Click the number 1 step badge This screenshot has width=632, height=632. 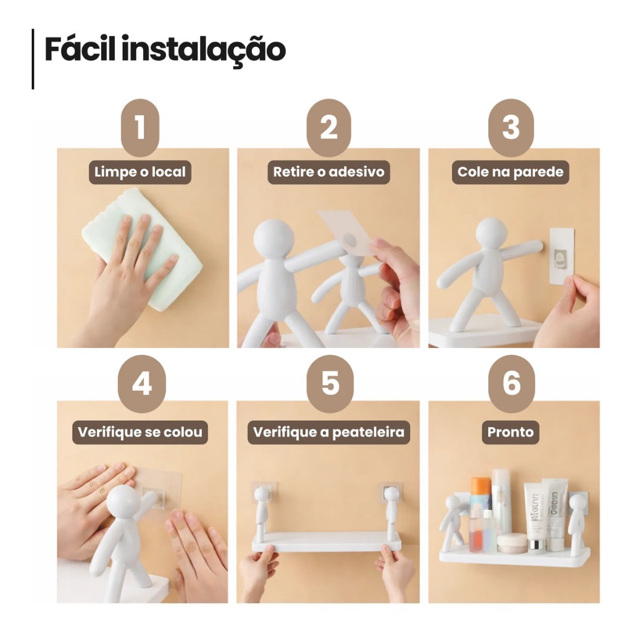tap(140, 127)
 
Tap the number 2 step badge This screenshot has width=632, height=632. tap(328, 127)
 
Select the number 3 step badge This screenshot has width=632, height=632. tap(510, 127)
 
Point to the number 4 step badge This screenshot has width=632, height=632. tap(141, 384)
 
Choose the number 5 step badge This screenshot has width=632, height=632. tap(330, 384)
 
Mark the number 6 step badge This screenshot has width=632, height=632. tap(511, 384)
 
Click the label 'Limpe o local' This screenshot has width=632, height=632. tap(140, 172)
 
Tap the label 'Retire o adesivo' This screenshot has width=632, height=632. tap(328, 172)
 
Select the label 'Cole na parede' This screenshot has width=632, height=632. tap(510, 172)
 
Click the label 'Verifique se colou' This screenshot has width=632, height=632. tap(140, 433)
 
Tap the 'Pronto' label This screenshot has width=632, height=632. tap(510, 433)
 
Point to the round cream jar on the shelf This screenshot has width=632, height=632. tap(512, 543)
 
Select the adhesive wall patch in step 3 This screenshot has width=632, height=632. tap(562, 256)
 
